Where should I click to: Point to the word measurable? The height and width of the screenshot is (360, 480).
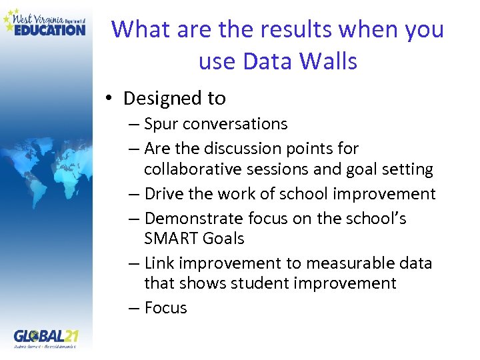[x=341, y=263]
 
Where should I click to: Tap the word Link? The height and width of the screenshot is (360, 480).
[x=159, y=263]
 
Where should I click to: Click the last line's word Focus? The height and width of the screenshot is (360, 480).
[x=165, y=308]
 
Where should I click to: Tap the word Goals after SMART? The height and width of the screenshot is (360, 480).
[x=222, y=238]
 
